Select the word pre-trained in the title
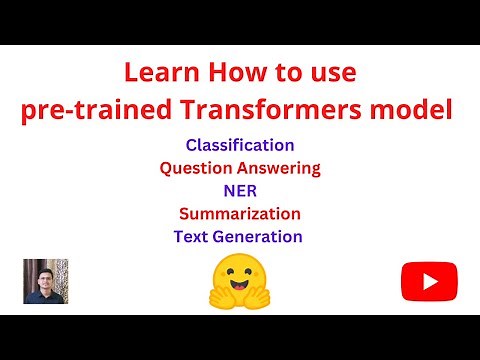[x=86, y=108]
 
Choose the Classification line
[x=240, y=145]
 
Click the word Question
[x=200, y=168]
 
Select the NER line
[x=240, y=190]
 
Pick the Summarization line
[x=240, y=213]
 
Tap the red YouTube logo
[x=429, y=280]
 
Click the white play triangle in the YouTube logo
[x=430, y=280]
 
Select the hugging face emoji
[x=240, y=280]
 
